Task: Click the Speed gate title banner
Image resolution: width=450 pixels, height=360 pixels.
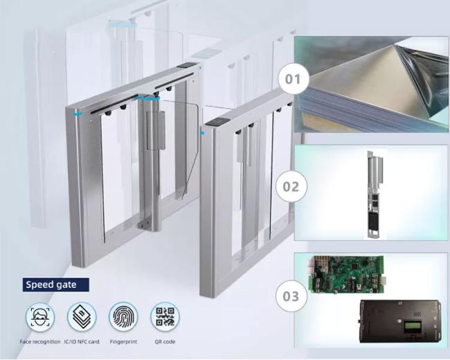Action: pos(56,285)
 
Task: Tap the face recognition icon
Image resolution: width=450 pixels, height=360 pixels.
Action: pos(40,317)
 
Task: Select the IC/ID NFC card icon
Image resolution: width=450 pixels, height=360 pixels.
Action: pos(82,317)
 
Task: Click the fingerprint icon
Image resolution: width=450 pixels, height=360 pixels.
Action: pos(123,317)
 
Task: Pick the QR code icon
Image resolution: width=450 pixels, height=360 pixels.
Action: pos(165,317)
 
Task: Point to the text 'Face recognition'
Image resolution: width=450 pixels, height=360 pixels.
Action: pos(40,341)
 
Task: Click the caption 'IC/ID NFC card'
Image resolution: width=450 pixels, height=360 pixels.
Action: pos(82,341)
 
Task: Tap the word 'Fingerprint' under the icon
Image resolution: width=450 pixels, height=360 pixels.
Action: pos(123,341)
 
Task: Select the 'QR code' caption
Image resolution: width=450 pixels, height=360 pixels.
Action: pos(165,341)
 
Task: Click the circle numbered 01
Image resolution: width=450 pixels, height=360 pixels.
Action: pos(294,79)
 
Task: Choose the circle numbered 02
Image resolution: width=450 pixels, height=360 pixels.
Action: pos(291,187)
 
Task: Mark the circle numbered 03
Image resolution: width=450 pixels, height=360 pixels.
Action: pos(291,296)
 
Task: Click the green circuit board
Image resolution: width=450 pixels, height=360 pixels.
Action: pos(347,274)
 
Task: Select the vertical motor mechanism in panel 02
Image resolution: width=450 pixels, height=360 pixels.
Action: pos(375,194)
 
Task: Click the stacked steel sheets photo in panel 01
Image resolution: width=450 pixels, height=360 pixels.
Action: pos(371,84)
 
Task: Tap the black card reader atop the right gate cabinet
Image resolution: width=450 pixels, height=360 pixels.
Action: pos(218,123)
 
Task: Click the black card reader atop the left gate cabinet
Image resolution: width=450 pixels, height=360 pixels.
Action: pos(186,66)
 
